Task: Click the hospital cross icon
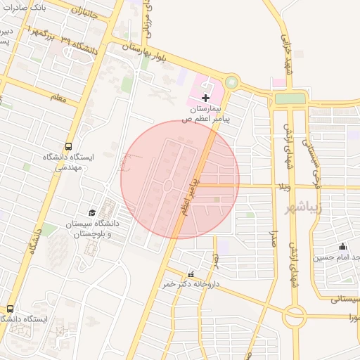tap(205, 97)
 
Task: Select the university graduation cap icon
tap(91, 212)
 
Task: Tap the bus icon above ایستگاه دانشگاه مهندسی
tap(67, 146)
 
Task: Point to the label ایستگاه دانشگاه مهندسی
tap(62, 163)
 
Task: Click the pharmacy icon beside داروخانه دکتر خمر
tap(191, 274)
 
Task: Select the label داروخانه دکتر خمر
tap(191, 284)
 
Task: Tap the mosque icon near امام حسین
tap(342, 246)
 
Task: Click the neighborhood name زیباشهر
tap(324, 208)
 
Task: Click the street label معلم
tap(59, 99)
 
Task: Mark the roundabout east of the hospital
tap(231, 84)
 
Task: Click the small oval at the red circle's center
tap(169, 186)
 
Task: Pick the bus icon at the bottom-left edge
tap(10, 308)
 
